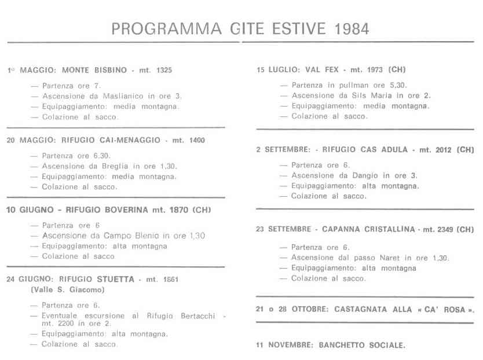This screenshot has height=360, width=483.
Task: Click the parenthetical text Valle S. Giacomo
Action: click(67, 289)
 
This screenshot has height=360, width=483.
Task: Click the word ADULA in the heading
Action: click(394, 149)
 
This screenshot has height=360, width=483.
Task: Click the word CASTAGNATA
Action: click(361, 309)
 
